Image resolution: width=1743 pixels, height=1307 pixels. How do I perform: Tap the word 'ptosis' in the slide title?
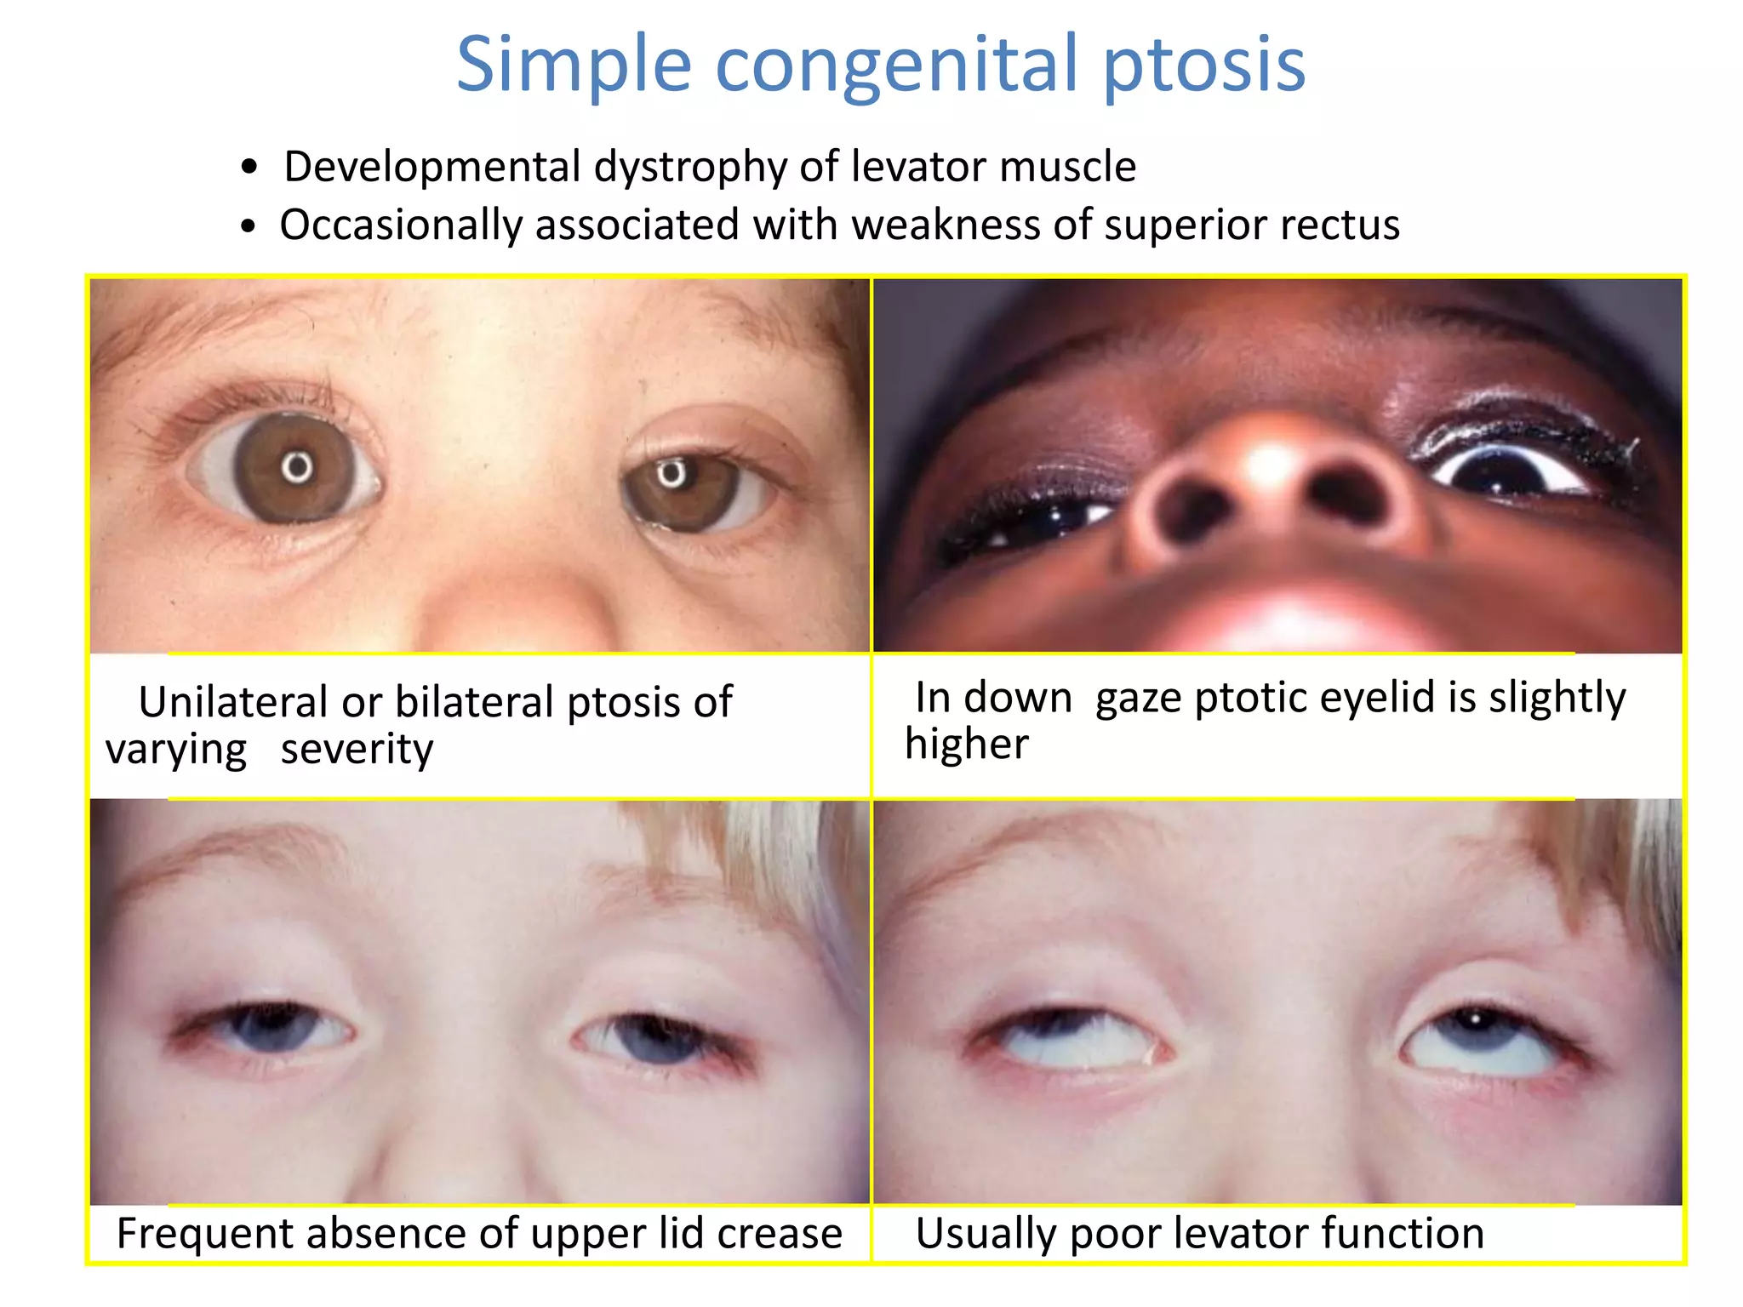pyautogui.click(x=1203, y=65)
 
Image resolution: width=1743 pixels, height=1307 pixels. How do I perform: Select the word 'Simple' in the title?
pyautogui.click(x=574, y=65)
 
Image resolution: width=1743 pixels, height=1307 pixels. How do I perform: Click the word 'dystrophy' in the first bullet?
pyautogui.click(x=690, y=167)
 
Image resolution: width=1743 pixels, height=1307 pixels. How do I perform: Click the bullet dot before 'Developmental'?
pyautogui.click(x=249, y=167)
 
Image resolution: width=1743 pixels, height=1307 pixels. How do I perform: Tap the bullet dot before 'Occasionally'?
pyautogui.click(x=248, y=226)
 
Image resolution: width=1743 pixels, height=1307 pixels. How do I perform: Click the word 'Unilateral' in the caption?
pyautogui.click(x=232, y=702)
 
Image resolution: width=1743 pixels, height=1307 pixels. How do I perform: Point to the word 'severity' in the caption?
pyautogui.click(x=357, y=749)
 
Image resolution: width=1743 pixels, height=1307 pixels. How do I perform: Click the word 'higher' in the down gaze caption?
pyautogui.click(x=966, y=745)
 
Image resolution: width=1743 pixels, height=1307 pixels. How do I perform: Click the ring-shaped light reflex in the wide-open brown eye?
pyautogui.click(x=297, y=467)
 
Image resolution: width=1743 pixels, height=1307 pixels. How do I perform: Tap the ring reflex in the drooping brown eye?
pyautogui.click(x=671, y=472)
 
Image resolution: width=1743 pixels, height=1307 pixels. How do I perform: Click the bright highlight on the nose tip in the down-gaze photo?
pyautogui.click(x=1271, y=464)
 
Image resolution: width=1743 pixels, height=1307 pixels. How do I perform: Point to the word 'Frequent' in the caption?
pyautogui.click(x=203, y=1234)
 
